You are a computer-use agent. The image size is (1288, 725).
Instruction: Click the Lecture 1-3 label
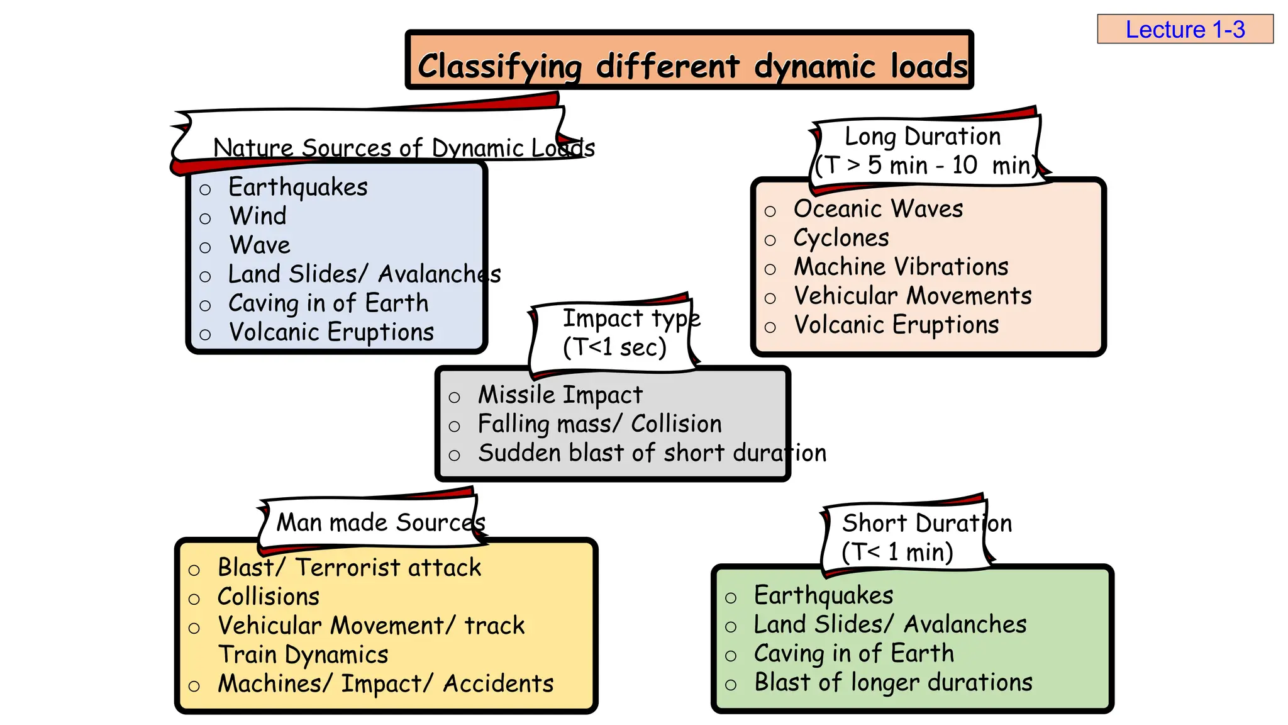point(1184,30)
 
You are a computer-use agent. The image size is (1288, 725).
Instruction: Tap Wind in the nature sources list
point(258,216)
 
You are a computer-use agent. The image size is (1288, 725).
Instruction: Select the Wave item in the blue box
point(260,245)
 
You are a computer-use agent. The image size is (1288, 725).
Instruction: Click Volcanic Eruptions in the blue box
point(331,332)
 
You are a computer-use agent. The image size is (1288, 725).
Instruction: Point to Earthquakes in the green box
point(823,595)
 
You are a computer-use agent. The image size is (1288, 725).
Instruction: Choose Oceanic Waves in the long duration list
point(878,209)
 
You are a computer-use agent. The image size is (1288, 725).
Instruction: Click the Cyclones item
point(841,239)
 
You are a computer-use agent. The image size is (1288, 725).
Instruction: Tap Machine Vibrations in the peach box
point(901,267)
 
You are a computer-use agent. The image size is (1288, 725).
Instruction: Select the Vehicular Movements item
point(912,296)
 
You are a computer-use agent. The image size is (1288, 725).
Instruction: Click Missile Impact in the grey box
point(560,395)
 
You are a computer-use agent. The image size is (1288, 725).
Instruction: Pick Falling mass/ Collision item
point(599,424)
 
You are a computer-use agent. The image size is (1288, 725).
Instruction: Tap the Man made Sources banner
point(380,523)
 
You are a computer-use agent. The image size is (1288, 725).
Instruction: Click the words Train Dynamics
point(303,655)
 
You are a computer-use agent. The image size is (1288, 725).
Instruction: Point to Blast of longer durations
point(893,683)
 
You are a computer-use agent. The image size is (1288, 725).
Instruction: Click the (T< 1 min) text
point(897,553)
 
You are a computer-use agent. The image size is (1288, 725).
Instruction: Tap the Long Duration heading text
point(922,137)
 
